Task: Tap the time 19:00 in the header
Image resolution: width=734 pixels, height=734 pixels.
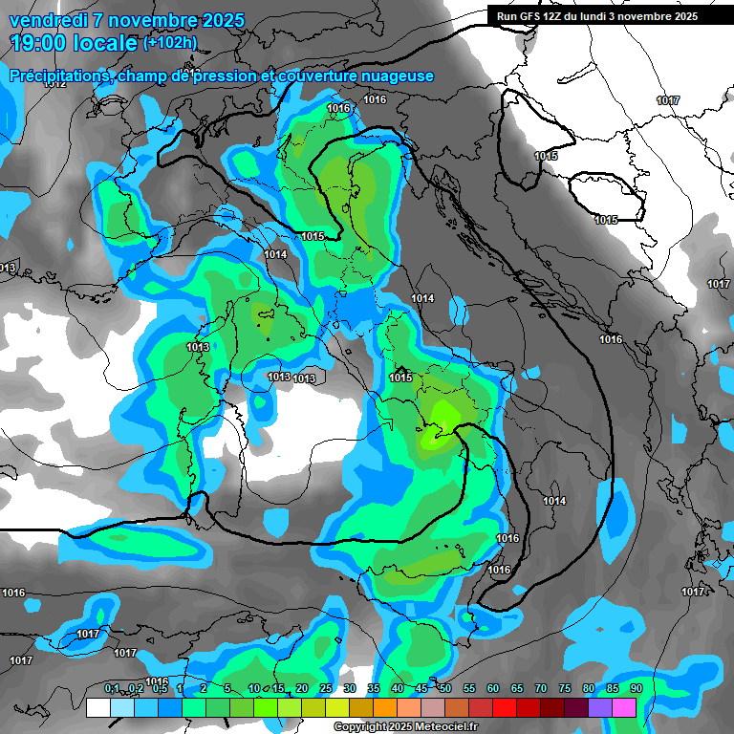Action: point(40,43)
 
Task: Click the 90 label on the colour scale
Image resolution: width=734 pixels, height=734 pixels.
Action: point(636,688)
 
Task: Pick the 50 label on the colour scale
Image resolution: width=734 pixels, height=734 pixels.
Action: point(445,688)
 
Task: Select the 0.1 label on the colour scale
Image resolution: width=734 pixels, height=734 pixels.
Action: point(112,688)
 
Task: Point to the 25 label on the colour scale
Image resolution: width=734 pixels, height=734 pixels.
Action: point(326,688)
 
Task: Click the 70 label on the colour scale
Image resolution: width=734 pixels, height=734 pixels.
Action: point(541,688)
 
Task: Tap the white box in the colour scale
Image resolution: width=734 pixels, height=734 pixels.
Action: point(97,708)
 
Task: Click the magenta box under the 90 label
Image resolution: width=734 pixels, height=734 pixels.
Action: point(625,708)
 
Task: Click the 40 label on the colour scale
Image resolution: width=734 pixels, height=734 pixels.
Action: point(398,688)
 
